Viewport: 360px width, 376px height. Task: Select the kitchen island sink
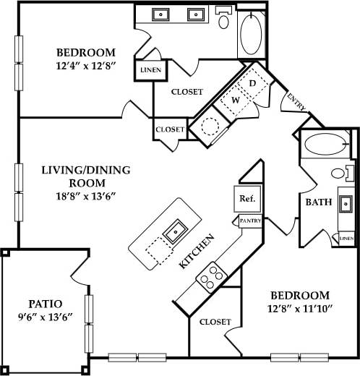[174, 233]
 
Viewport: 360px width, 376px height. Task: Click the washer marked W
[235, 101]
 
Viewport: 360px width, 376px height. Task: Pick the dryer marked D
[252, 85]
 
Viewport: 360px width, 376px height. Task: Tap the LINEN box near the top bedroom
[152, 70]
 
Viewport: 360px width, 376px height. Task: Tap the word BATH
[318, 203]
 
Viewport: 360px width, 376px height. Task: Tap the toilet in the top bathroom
[224, 20]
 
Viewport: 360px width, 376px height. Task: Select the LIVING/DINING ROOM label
[86, 177]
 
